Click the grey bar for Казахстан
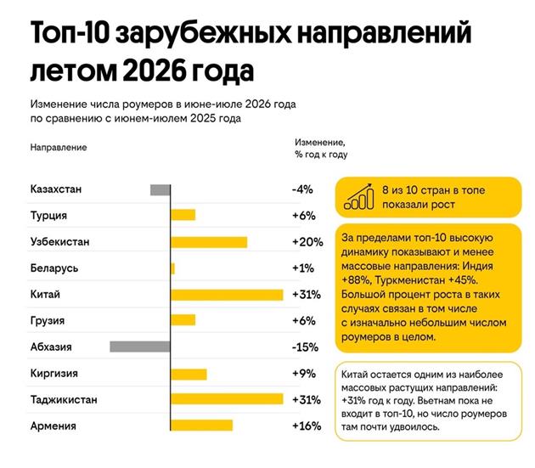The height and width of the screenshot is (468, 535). pos(160,189)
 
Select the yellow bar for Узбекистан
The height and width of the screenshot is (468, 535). pos(209,242)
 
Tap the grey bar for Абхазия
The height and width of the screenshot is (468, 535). pos(140,347)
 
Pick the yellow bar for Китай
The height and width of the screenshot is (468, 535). pos(227,295)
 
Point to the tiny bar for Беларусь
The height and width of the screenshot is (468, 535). pos(172,268)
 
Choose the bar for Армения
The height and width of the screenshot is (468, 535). pos(201,426)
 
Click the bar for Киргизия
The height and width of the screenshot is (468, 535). pos(189,374)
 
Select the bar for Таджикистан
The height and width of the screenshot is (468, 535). pos(227,399)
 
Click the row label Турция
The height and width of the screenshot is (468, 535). pos(48,216)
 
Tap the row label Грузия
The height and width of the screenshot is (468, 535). pos(48,321)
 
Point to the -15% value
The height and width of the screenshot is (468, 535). pos(305,347)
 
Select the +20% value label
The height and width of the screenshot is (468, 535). pos(307,242)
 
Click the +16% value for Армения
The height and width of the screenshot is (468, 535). pos(307,426)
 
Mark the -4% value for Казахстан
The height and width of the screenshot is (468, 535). pos(302,189)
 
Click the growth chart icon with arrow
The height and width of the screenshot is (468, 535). pos(359,196)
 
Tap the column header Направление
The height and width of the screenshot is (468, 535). pos(59,148)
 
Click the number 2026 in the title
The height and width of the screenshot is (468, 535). pos(155,71)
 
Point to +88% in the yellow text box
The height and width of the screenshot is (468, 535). pos(356,280)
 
